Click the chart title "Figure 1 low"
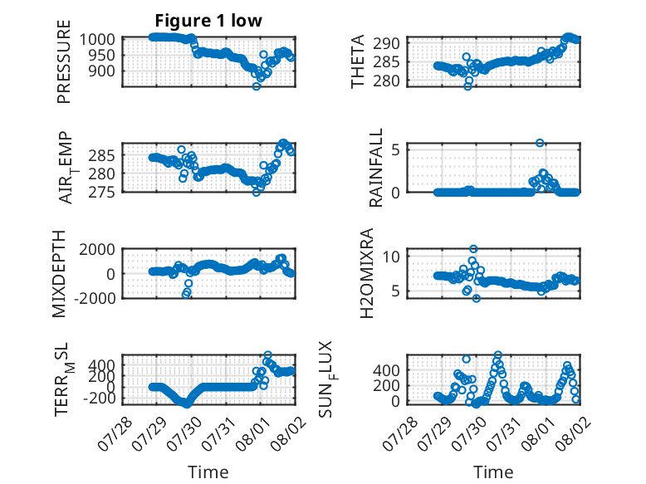(x=208, y=21)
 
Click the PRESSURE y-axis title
(x=64, y=61)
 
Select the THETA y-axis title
(x=358, y=61)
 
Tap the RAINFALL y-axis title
(x=376, y=168)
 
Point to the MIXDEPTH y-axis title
(x=59, y=274)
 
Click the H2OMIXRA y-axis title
(x=366, y=273)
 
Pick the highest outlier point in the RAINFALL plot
(x=540, y=143)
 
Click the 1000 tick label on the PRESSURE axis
(x=97, y=40)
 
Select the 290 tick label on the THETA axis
(x=386, y=43)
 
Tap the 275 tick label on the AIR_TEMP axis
(x=101, y=192)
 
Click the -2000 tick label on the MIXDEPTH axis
(x=95, y=298)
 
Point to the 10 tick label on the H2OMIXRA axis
(x=391, y=257)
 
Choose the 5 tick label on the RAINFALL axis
(x=396, y=149)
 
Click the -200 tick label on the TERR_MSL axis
(x=100, y=398)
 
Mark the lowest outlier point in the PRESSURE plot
(x=257, y=86)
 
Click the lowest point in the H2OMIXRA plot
(x=477, y=299)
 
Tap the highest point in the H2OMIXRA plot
(x=474, y=249)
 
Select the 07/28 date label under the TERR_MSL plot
(x=115, y=433)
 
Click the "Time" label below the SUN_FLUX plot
(x=493, y=472)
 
